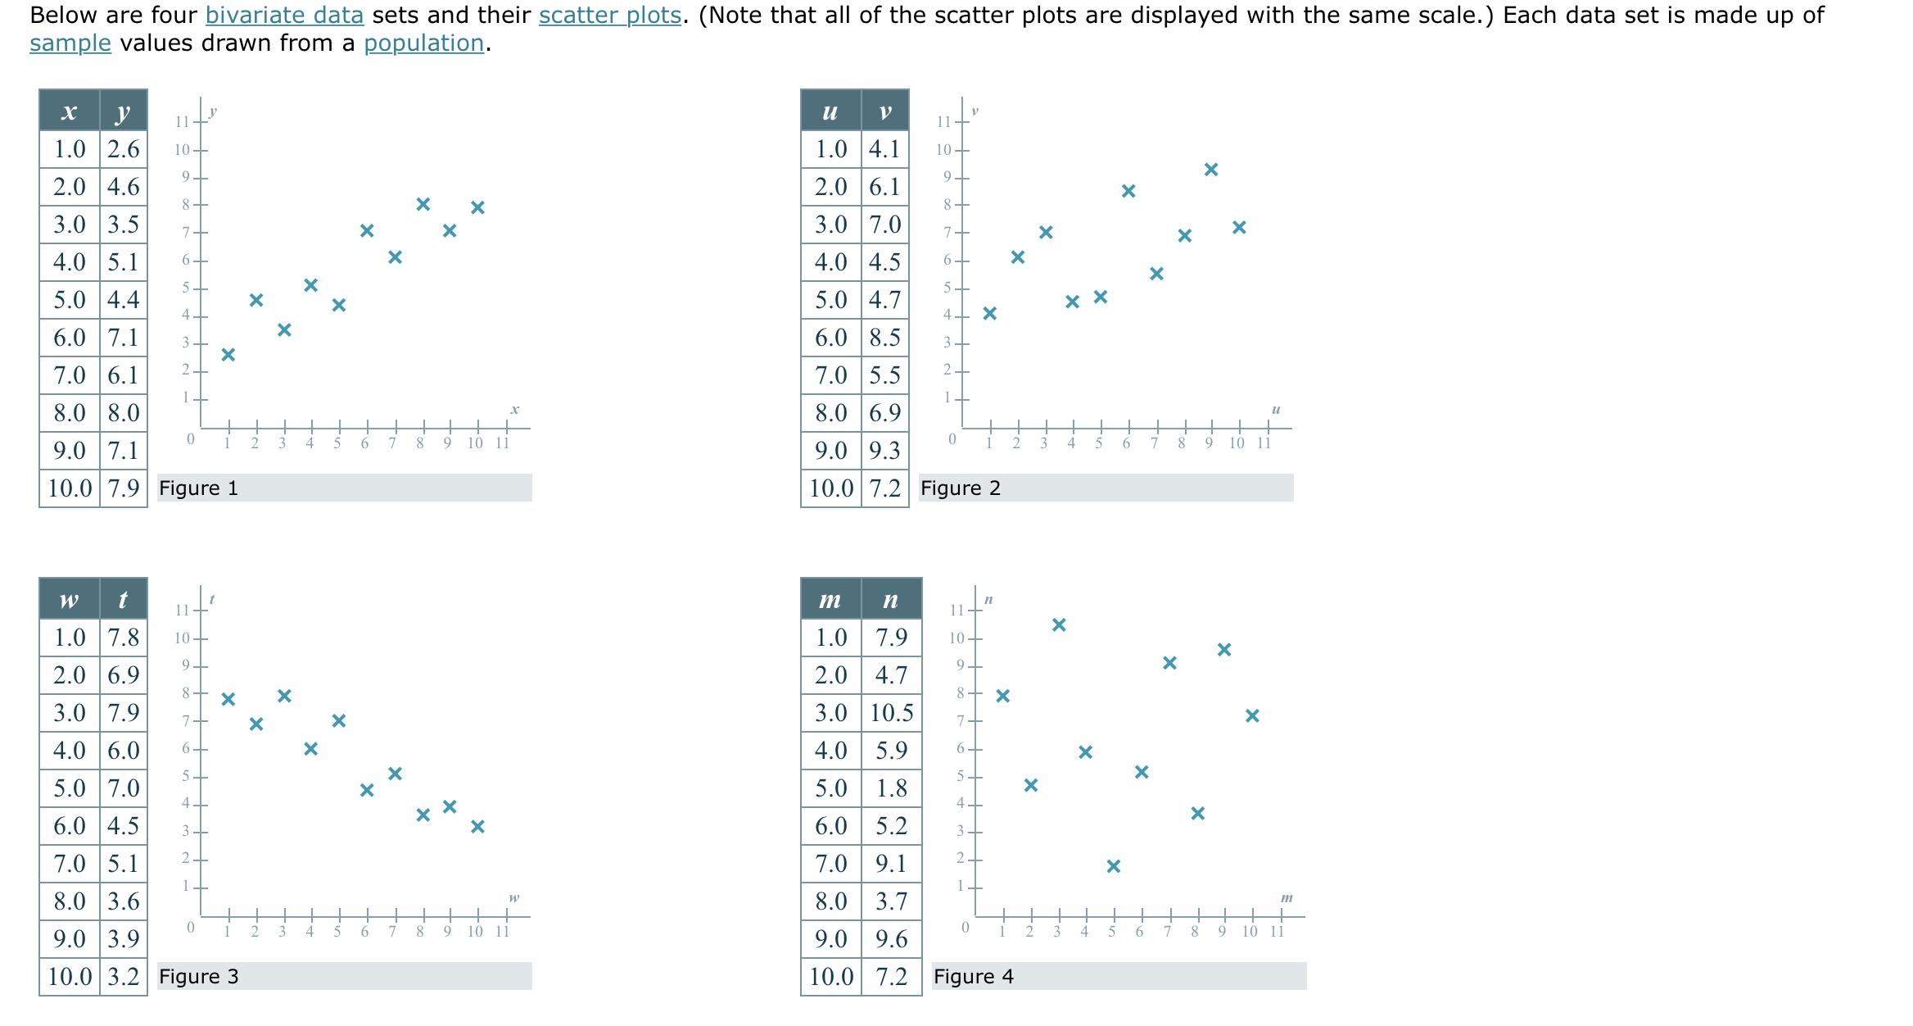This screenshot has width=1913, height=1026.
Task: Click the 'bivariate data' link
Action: pyautogui.click(x=284, y=16)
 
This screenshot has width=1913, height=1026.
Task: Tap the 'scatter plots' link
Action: pyautogui.click(x=609, y=16)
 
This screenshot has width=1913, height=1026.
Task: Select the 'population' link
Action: pyautogui.click(x=423, y=43)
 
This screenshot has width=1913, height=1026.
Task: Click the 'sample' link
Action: pyautogui.click(x=70, y=43)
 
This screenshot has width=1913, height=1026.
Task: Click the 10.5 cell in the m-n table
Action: pyautogui.click(x=891, y=713)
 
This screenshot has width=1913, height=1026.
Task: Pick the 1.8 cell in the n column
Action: pyautogui.click(x=891, y=788)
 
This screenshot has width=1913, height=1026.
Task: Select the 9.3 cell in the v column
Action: pyautogui.click(x=884, y=451)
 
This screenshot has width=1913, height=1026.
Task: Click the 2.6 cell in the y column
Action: pyautogui.click(x=124, y=149)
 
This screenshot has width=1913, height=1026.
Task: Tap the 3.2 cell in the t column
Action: pyautogui.click(x=124, y=977)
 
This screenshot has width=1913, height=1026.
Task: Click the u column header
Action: pyautogui.click(x=830, y=111)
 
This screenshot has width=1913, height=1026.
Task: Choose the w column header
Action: pyautogui.click(x=70, y=600)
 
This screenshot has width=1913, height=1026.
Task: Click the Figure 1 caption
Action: pyautogui.click(x=199, y=488)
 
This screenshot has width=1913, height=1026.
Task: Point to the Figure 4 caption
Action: pyautogui.click(x=974, y=977)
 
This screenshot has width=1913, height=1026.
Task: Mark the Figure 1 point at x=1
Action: pyautogui.click(x=228, y=355)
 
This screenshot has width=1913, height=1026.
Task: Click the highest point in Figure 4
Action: pyautogui.click(x=1059, y=625)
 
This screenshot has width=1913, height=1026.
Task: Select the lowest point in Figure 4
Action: pyautogui.click(x=1114, y=866)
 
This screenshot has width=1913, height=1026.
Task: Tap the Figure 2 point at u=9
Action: pyautogui.click(x=1211, y=170)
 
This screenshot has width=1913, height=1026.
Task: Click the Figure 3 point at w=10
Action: pyautogui.click(x=478, y=827)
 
